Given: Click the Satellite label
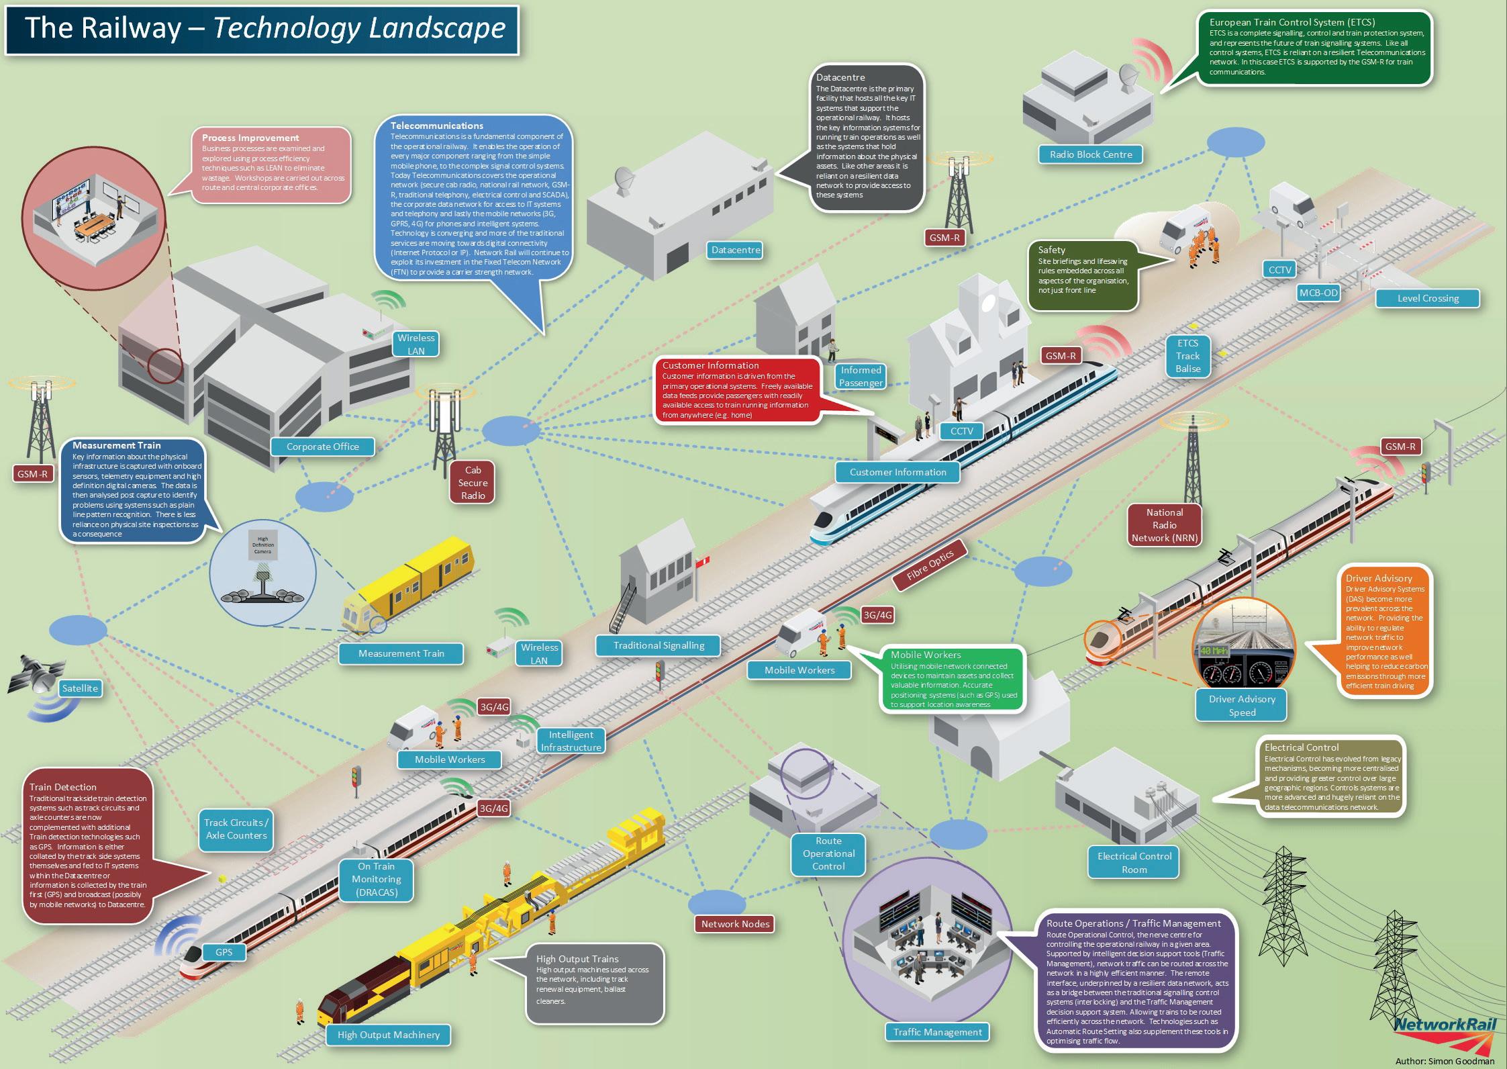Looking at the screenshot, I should [80, 688].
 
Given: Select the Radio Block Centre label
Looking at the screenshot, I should [1090, 154].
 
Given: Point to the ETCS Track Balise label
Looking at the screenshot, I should [1187, 356].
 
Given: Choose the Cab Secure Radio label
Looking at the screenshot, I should [473, 483].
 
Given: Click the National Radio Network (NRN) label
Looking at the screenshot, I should [1164, 525].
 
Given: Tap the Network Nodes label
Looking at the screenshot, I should [735, 924].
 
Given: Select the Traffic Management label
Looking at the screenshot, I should [937, 1032].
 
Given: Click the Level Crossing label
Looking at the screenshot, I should [1428, 298].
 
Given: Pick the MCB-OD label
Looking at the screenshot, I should [1318, 293].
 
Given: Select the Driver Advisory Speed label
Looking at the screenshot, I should [1242, 706].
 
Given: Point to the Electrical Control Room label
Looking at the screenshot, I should [1134, 863].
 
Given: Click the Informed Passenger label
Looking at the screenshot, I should [861, 376].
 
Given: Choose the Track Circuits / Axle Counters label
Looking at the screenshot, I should [236, 829].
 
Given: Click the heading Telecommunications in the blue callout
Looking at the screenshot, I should [437, 126].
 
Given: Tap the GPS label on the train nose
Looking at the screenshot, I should [224, 952].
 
